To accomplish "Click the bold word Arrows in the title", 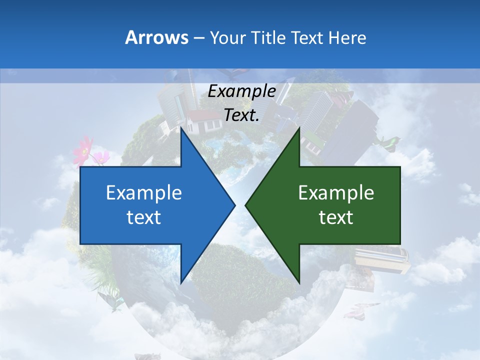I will click(x=156, y=37).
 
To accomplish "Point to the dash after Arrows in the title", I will click(x=198, y=38).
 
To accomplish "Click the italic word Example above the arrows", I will click(x=242, y=91).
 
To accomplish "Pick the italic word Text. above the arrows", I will click(x=242, y=115).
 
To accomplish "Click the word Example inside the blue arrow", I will click(x=144, y=192).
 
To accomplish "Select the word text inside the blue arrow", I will click(x=144, y=217).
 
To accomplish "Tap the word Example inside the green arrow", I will click(x=336, y=192).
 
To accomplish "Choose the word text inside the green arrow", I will click(x=336, y=217).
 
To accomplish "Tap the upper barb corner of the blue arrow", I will click(x=181, y=128).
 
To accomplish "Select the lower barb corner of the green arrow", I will click(x=299, y=282).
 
